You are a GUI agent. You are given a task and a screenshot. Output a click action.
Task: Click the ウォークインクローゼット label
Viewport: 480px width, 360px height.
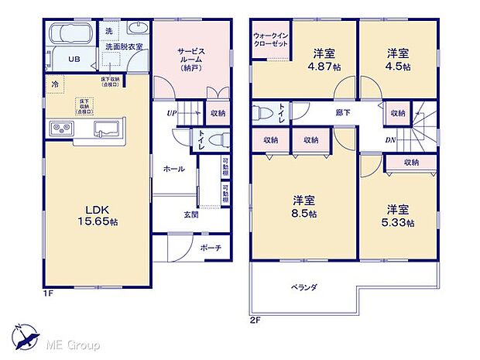point(272,40)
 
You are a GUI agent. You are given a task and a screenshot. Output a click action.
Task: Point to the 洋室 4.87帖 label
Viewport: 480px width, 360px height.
point(325,60)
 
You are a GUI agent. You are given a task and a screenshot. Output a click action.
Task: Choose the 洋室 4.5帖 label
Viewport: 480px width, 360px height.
point(399,60)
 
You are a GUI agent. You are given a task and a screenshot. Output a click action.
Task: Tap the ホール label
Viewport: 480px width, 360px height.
point(173,168)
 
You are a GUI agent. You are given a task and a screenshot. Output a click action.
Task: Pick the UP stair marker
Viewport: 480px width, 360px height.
point(173,112)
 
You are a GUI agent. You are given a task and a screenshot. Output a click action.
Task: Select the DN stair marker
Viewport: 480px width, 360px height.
point(389,140)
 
